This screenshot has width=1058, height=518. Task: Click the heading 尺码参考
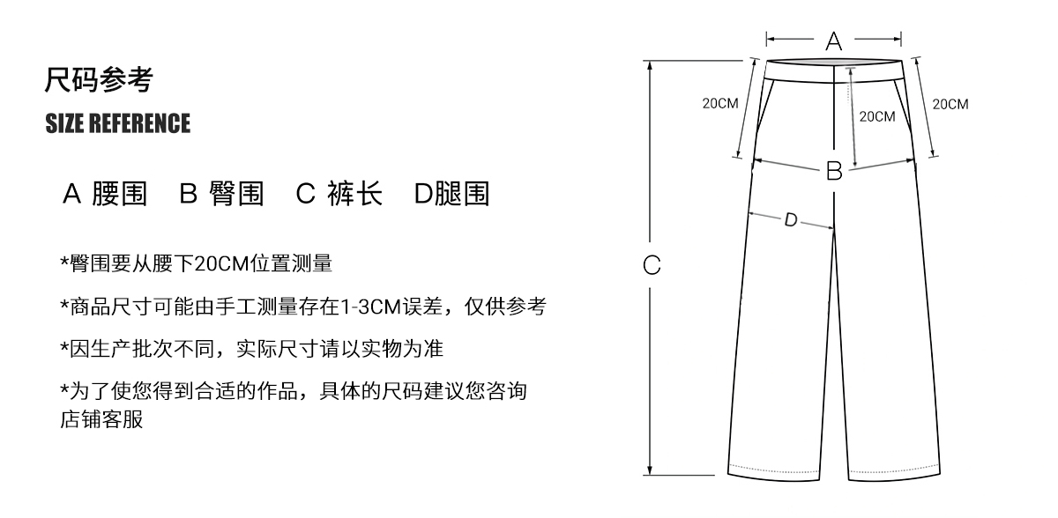tap(99, 81)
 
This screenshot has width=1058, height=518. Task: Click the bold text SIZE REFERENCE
tap(117, 124)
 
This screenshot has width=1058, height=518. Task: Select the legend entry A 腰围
tap(105, 194)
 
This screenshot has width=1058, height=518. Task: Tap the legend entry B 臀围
tap(221, 194)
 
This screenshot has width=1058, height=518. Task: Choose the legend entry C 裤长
tap(339, 194)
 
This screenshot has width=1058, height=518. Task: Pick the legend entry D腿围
tap(451, 194)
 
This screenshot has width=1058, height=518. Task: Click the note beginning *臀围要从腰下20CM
tap(196, 263)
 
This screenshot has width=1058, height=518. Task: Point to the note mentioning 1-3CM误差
tap(302, 306)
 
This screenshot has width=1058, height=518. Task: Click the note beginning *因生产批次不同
tap(251, 348)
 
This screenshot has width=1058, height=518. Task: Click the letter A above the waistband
tap(833, 41)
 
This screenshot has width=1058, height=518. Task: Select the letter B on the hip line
tap(833, 171)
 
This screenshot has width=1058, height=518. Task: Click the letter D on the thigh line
tap(791, 220)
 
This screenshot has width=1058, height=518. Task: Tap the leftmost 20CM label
tap(719, 104)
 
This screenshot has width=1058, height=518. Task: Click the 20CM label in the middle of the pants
tap(876, 116)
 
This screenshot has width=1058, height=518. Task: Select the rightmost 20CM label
tap(950, 104)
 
